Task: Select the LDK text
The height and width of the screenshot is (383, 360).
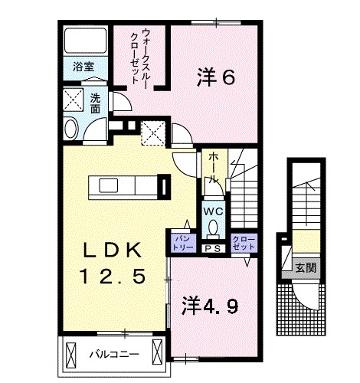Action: [x=113, y=250]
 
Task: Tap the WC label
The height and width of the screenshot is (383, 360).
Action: [x=213, y=211]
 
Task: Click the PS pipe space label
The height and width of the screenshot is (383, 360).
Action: [x=212, y=247]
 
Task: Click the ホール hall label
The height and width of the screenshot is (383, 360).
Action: [x=213, y=166]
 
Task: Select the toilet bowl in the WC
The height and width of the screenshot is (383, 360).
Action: [x=213, y=228]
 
